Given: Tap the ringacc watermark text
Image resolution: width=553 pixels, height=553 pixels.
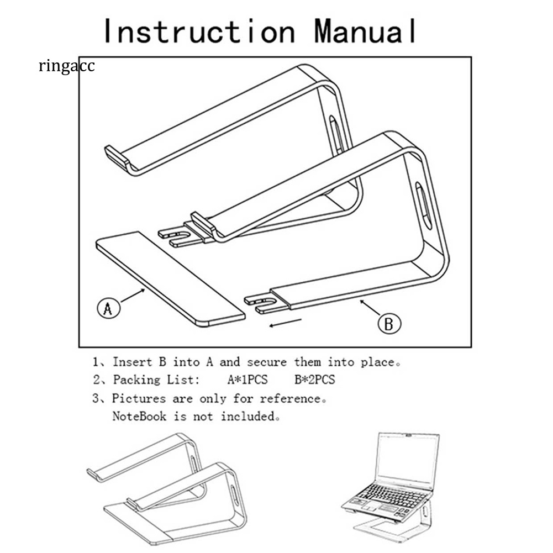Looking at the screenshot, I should pyautogui.click(x=67, y=66).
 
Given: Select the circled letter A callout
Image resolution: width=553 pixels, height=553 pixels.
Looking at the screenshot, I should pyautogui.click(x=108, y=308).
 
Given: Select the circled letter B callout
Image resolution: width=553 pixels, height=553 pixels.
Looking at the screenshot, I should pyautogui.click(x=389, y=323).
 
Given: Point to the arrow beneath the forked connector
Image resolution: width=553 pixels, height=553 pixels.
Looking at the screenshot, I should pyautogui.click(x=285, y=322).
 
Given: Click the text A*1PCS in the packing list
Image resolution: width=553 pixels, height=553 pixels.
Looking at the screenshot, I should pyautogui.click(x=247, y=380).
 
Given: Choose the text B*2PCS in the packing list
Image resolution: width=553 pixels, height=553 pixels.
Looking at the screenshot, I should pyautogui.click(x=314, y=380).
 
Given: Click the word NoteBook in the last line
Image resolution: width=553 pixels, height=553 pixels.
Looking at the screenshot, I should pyautogui.click(x=139, y=417).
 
